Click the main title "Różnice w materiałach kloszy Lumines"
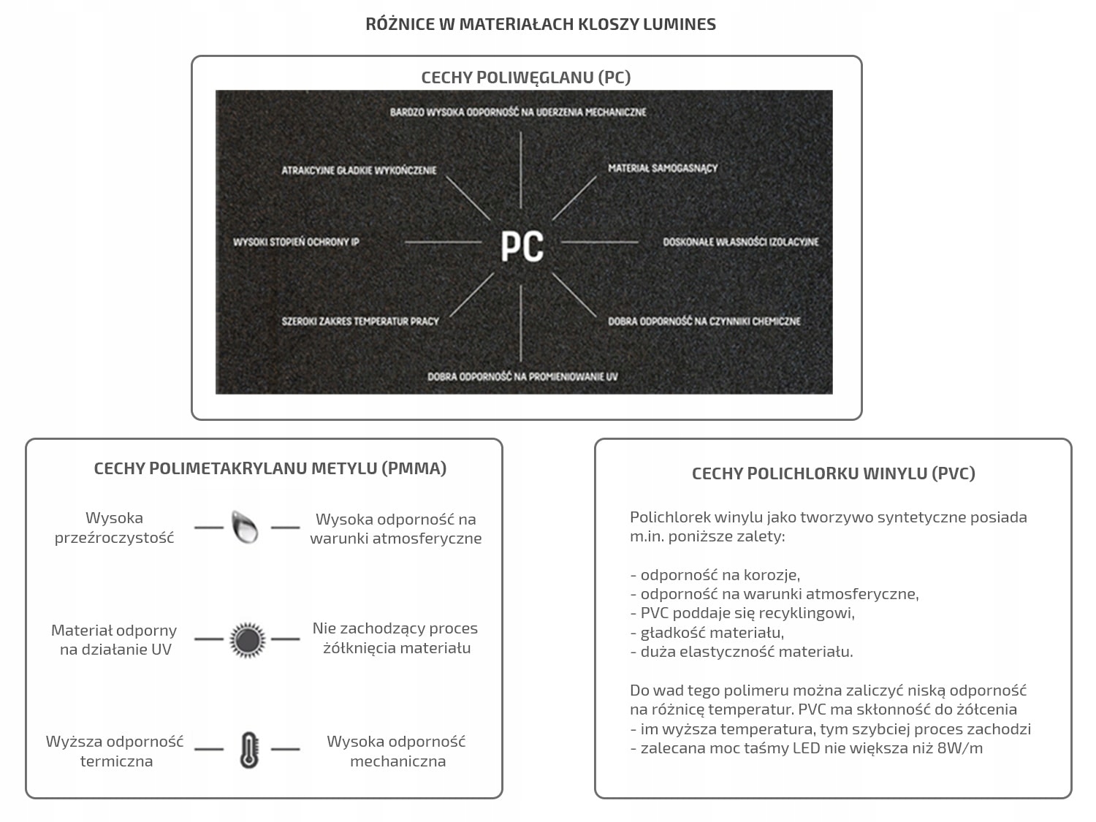click(541, 24)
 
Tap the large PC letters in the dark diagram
click(522, 246)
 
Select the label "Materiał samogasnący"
click(663, 168)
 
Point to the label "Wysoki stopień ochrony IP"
click(296, 242)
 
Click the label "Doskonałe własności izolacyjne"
click(741, 242)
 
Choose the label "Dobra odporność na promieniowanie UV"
click(522, 377)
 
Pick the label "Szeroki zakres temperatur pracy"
click(360, 321)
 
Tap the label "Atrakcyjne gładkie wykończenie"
click(359, 170)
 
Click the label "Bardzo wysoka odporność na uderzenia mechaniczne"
click(518, 112)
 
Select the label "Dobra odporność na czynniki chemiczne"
click(704, 321)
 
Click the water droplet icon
click(246, 527)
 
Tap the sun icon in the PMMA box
click(247, 639)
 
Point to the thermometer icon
click(248, 750)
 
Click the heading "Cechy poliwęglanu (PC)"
click(526, 77)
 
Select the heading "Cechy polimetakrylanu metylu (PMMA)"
click(270, 468)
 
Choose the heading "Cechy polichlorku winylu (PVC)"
click(833, 473)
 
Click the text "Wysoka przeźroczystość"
click(115, 528)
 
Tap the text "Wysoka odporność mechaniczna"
click(397, 751)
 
